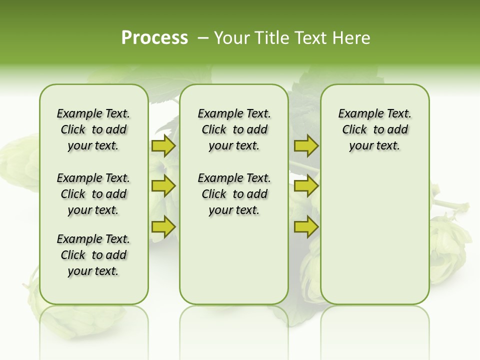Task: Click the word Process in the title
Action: point(154,38)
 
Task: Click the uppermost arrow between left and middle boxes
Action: point(163,146)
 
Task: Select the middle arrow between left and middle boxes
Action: point(163,186)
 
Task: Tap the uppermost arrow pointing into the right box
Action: point(306,146)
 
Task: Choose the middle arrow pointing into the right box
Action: point(306,186)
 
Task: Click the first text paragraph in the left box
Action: point(93,129)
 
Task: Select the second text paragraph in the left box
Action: point(93,194)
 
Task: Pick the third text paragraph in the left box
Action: point(93,255)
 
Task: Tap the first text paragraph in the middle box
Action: point(234,129)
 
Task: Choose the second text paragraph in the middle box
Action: point(234,194)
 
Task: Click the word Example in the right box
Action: point(356,114)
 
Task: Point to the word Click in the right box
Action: point(354,130)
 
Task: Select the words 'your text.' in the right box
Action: point(374,146)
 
